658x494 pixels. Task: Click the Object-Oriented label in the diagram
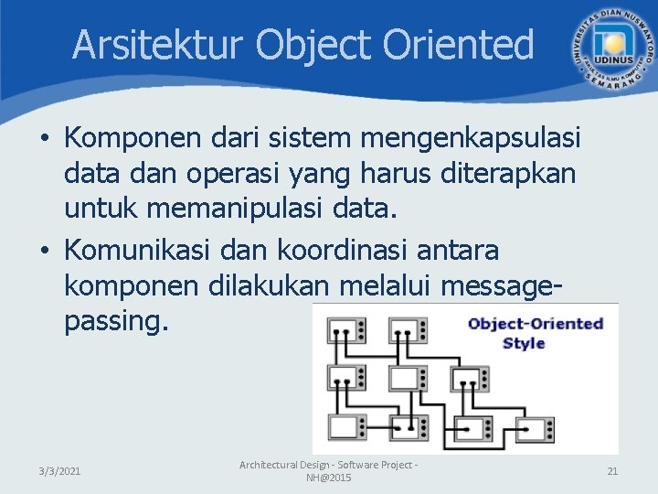(x=535, y=323)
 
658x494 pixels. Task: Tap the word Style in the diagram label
(x=524, y=343)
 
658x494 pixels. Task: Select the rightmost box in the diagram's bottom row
(x=535, y=426)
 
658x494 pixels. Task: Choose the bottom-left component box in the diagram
(x=347, y=426)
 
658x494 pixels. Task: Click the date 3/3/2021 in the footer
(x=59, y=471)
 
